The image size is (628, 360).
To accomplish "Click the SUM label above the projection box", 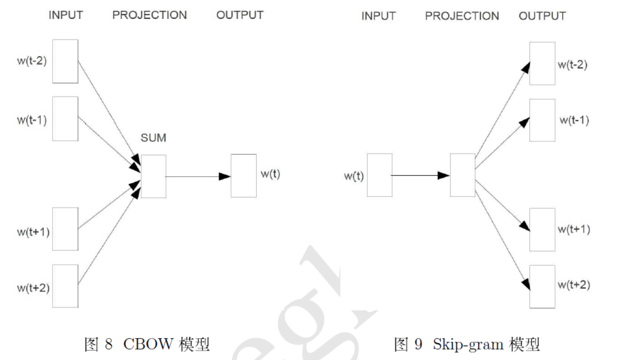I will pyautogui.click(x=153, y=138).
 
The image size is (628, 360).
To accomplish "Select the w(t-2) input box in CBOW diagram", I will pyautogui.click(x=65, y=61).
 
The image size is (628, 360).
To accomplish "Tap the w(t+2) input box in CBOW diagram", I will pyautogui.click(x=65, y=286).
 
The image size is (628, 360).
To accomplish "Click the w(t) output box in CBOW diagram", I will pyautogui.click(x=243, y=176).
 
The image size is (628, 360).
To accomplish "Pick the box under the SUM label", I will pyautogui.click(x=153, y=176).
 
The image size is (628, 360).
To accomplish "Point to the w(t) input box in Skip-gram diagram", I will pyautogui.click(x=380, y=175).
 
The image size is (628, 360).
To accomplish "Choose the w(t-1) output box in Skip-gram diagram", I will pyautogui.click(x=542, y=120).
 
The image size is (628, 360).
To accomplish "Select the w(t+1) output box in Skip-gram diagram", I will pyautogui.click(x=542, y=230).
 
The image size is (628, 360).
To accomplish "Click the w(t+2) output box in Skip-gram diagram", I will pyautogui.click(x=542, y=286).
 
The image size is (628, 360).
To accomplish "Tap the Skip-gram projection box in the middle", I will pyautogui.click(x=462, y=175).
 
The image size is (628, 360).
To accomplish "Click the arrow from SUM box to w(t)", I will pyautogui.click(x=198, y=176).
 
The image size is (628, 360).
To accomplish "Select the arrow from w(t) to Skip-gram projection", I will pyautogui.click(x=420, y=175).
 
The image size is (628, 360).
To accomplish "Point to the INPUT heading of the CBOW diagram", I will pyautogui.click(x=65, y=15).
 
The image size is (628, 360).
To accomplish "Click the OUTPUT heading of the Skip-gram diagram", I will pyautogui.click(x=542, y=16).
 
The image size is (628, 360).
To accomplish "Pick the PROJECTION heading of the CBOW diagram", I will pyautogui.click(x=149, y=15).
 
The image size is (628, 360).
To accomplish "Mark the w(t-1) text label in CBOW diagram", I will pyautogui.click(x=32, y=120).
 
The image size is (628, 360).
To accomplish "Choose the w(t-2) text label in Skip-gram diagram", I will pyautogui.click(x=572, y=64).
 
